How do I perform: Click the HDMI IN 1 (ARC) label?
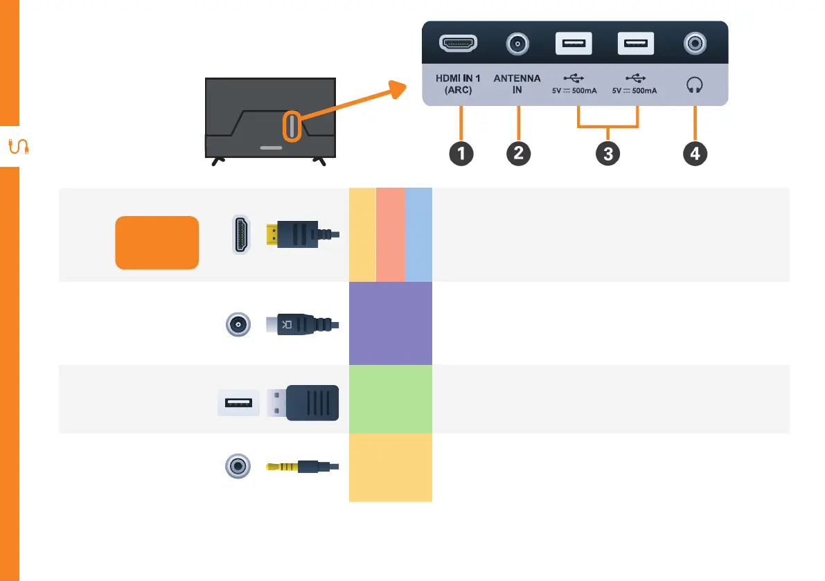tap(458, 84)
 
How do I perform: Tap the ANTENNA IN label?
tap(517, 84)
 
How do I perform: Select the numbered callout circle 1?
tap(461, 154)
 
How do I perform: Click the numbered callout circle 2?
tap(518, 154)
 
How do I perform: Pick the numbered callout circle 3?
tap(607, 154)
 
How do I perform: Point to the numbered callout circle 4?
tap(695, 154)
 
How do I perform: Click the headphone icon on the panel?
tap(694, 85)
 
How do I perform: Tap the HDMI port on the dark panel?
tap(459, 45)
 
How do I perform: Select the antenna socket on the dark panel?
tap(517, 45)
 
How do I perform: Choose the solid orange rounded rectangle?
tap(157, 242)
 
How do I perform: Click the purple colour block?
tap(390, 323)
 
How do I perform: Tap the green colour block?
tap(390, 399)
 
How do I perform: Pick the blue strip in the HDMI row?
tap(418, 234)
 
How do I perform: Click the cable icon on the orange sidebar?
tap(18, 147)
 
